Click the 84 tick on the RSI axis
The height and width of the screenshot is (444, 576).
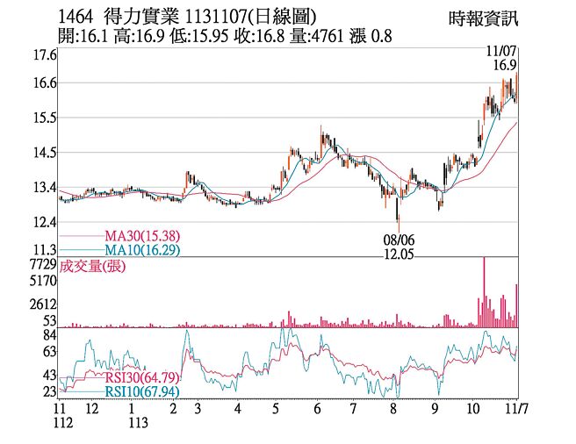click(49, 334)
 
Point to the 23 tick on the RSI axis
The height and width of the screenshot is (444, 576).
click(49, 391)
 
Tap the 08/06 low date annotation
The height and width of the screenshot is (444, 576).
click(400, 238)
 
